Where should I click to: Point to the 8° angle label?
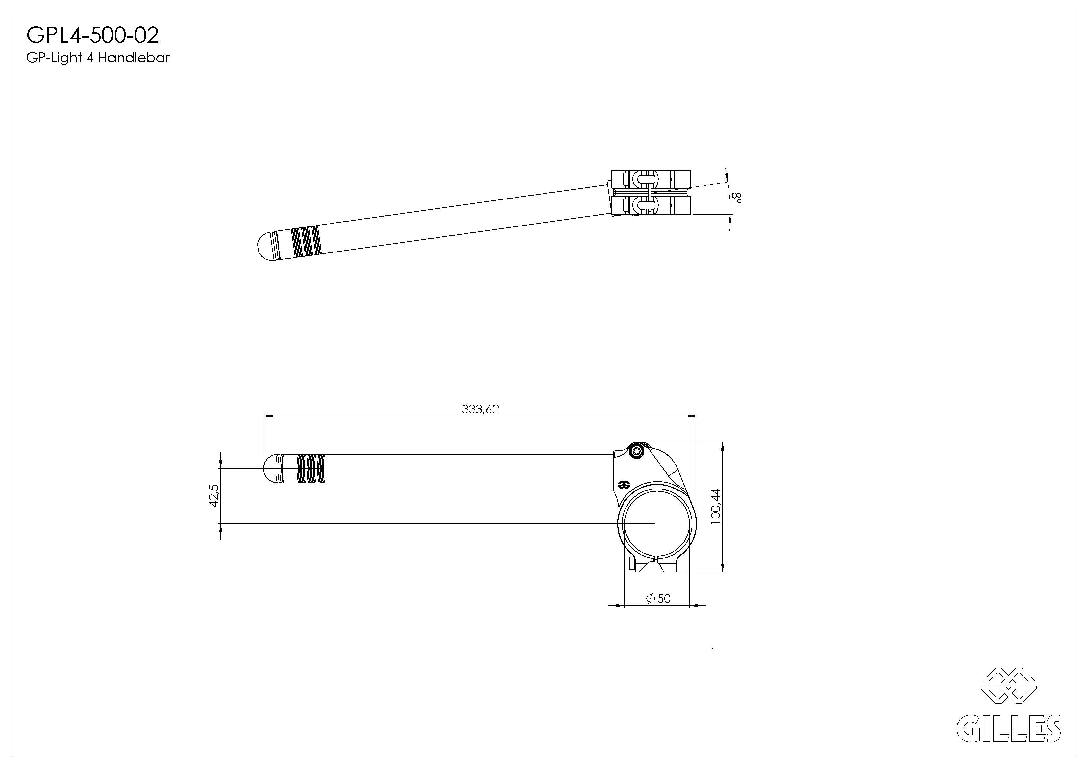[x=737, y=198]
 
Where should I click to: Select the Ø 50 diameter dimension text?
[x=658, y=599]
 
